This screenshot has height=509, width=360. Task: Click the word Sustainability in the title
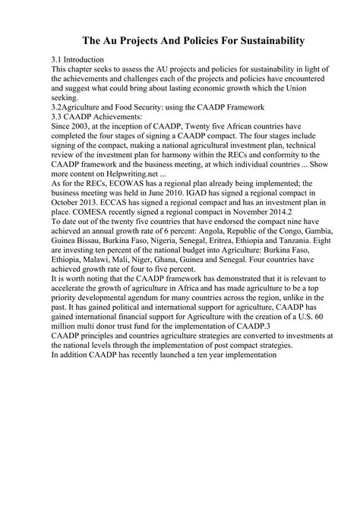(x=264, y=40)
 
